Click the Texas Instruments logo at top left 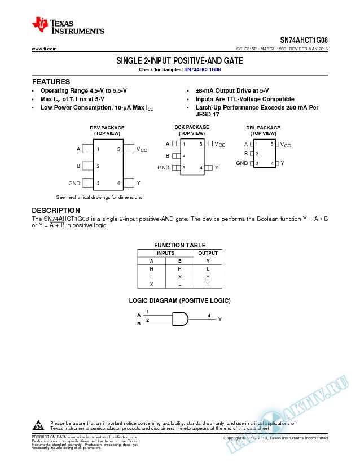[x=68, y=25]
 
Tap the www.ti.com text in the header [x=45, y=50]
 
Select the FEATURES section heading [x=51, y=82]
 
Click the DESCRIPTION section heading [x=55, y=211]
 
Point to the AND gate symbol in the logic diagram [x=180, y=319]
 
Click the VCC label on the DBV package [x=142, y=150]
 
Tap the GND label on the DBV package [x=74, y=183]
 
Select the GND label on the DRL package [x=242, y=163]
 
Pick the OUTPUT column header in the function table [x=208, y=253]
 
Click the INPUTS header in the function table [x=166, y=253]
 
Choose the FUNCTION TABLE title [x=180, y=245]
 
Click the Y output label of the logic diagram [x=220, y=319]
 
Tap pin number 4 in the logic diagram [x=209, y=315]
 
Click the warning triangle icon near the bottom [x=39, y=425]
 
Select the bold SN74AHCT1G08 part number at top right [x=304, y=41]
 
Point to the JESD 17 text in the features [x=208, y=115]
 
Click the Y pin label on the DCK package [x=217, y=168]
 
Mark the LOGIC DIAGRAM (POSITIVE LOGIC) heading [x=180, y=300]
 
